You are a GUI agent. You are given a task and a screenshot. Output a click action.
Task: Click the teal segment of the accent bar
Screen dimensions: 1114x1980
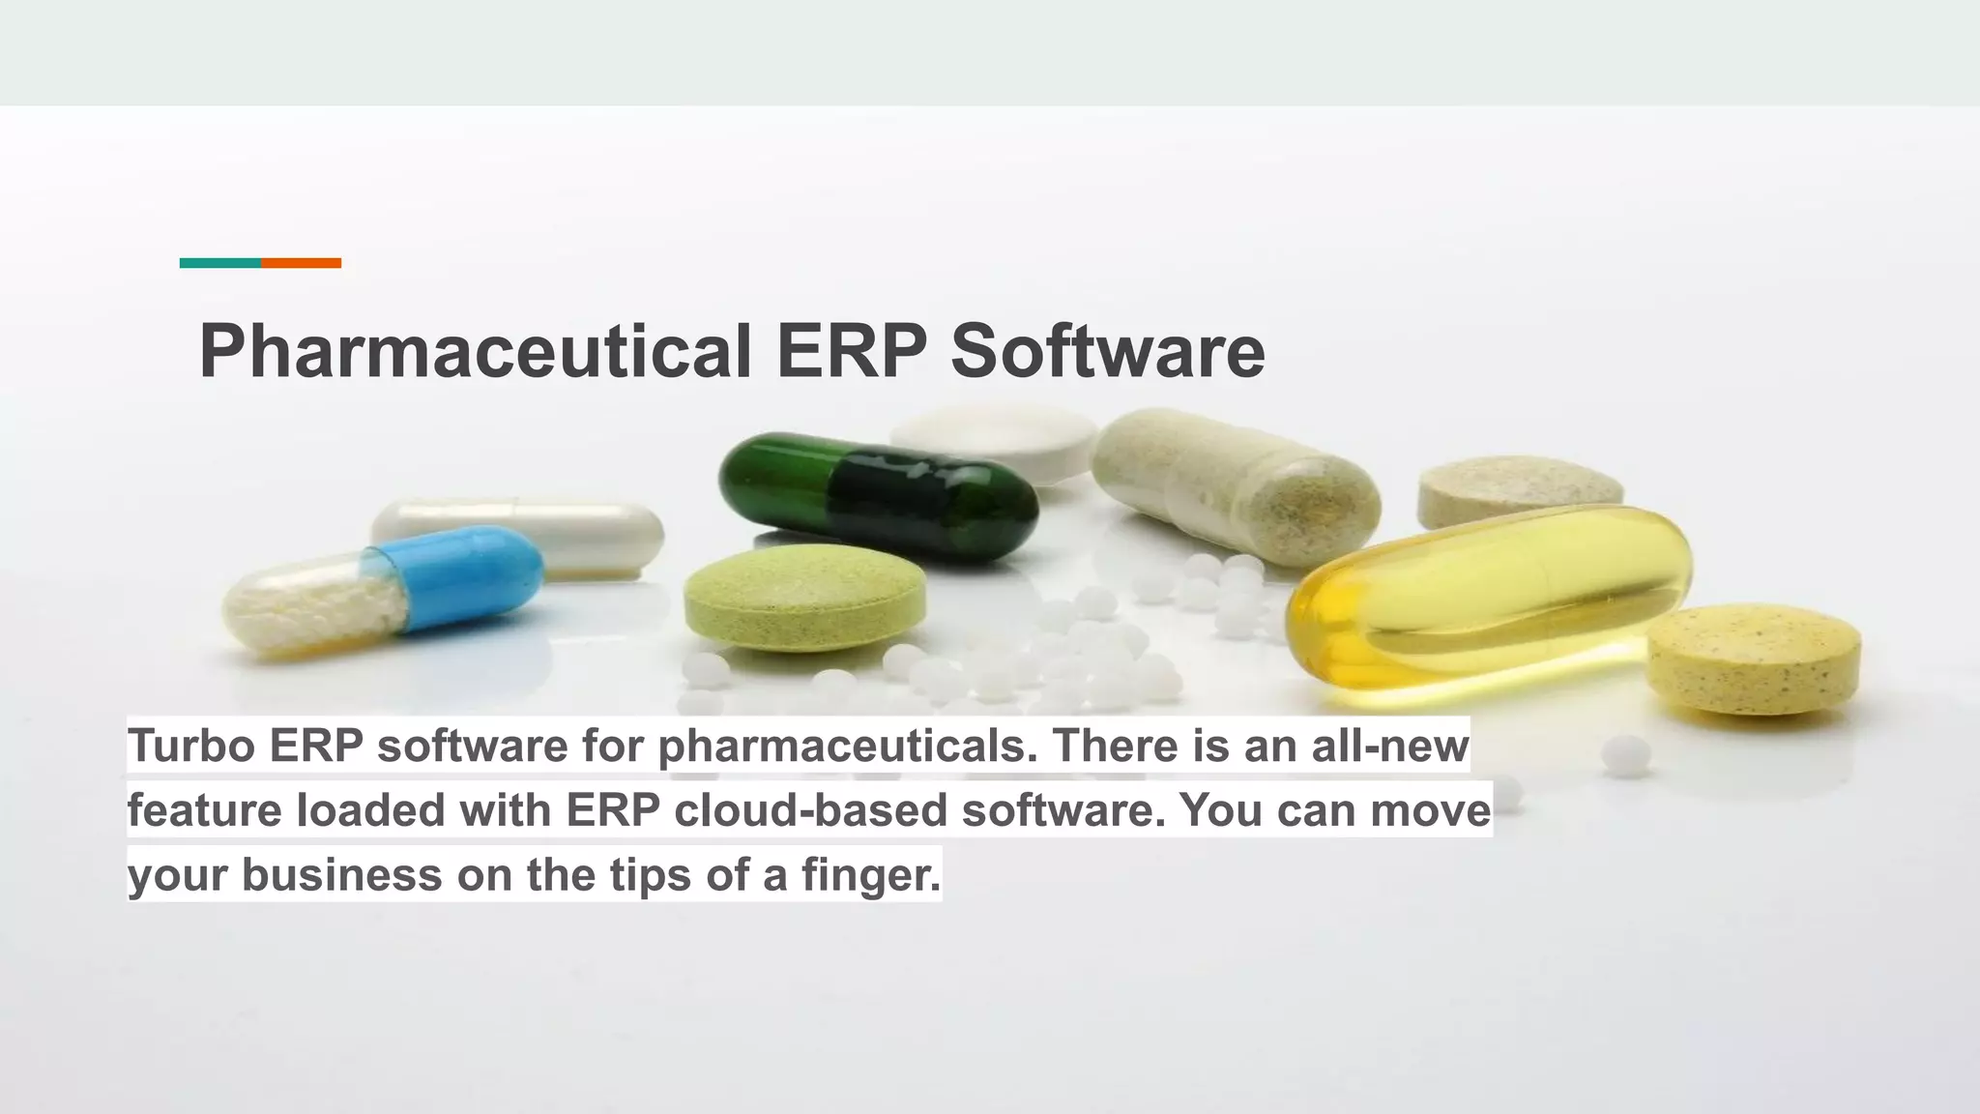219,263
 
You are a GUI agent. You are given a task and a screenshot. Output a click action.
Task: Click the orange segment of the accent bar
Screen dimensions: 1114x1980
301,263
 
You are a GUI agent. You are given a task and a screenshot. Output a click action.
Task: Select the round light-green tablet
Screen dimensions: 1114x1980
804,597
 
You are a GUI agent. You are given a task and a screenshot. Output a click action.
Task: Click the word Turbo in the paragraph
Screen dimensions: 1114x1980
190,746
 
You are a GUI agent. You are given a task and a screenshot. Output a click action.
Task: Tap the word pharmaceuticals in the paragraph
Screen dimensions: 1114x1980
847,746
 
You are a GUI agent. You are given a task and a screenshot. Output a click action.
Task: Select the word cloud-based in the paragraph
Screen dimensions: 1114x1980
810,810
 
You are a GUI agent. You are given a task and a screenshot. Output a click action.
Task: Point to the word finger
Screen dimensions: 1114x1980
870,875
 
